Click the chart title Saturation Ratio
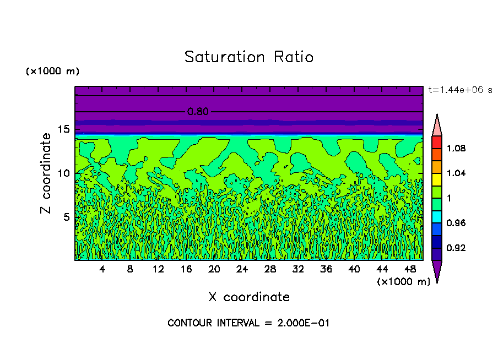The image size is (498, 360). pyautogui.click(x=248, y=57)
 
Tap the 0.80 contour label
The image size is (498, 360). pyautogui.click(x=198, y=112)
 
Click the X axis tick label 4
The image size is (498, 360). pyautogui.click(x=102, y=270)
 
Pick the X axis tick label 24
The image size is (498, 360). pyautogui.click(x=242, y=270)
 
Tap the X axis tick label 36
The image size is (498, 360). pyautogui.click(x=326, y=270)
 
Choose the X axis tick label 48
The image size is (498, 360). pyautogui.click(x=409, y=270)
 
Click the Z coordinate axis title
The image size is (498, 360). pyautogui.click(x=46, y=173)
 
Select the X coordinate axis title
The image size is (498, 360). pyautogui.click(x=248, y=297)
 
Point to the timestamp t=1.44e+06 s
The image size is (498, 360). pyautogui.click(x=460, y=90)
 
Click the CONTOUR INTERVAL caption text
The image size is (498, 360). pyautogui.click(x=248, y=323)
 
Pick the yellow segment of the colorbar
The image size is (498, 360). pyautogui.click(x=437, y=179)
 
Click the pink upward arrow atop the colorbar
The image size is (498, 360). pyautogui.click(x=437, y=125)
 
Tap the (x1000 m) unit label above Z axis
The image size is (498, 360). pyautogui.click(x=52, y=72)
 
